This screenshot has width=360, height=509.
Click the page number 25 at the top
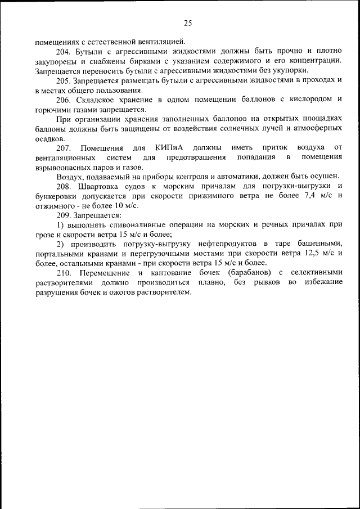click(188, 23)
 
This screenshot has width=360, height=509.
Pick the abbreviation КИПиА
click(168, 147)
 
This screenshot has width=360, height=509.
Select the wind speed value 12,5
click(305, 254)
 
